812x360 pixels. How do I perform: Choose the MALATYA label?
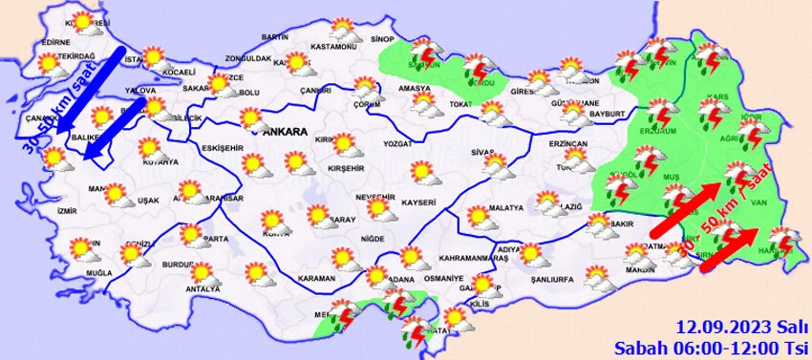(x=506, y=208)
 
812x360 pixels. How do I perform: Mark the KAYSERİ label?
(x=417, y=202)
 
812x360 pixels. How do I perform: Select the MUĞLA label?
(x=99, y=273)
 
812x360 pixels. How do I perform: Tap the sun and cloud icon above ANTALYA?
(x=204, y=272)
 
